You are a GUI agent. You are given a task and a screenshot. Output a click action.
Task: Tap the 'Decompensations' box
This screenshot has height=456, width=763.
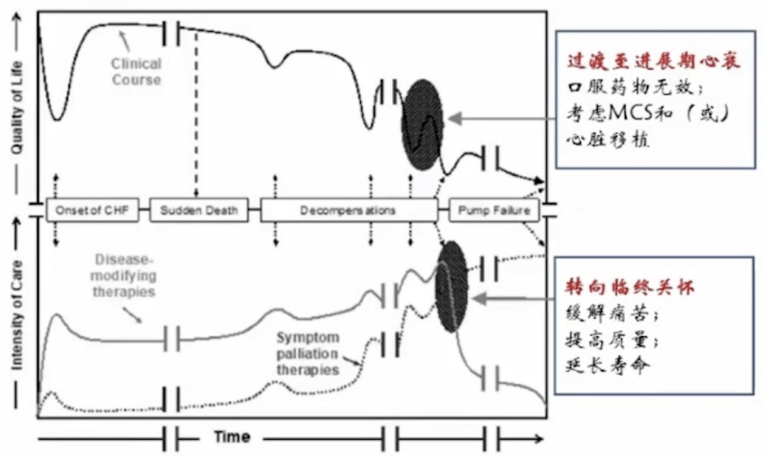pyautogui.click(x=349, y=210)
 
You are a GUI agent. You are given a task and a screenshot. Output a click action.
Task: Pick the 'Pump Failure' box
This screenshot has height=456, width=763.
pyautogui.click(x=496, y=210)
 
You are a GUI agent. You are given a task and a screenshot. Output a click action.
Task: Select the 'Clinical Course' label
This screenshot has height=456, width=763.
pyautogui.click(x=136, y=71)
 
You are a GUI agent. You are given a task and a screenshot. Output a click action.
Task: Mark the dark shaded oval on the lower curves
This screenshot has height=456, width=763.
pyautogui.click(x=452, y=285)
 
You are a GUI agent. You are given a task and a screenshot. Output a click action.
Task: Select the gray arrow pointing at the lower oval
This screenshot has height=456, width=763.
pyautogui.click(x=515, y=296)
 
